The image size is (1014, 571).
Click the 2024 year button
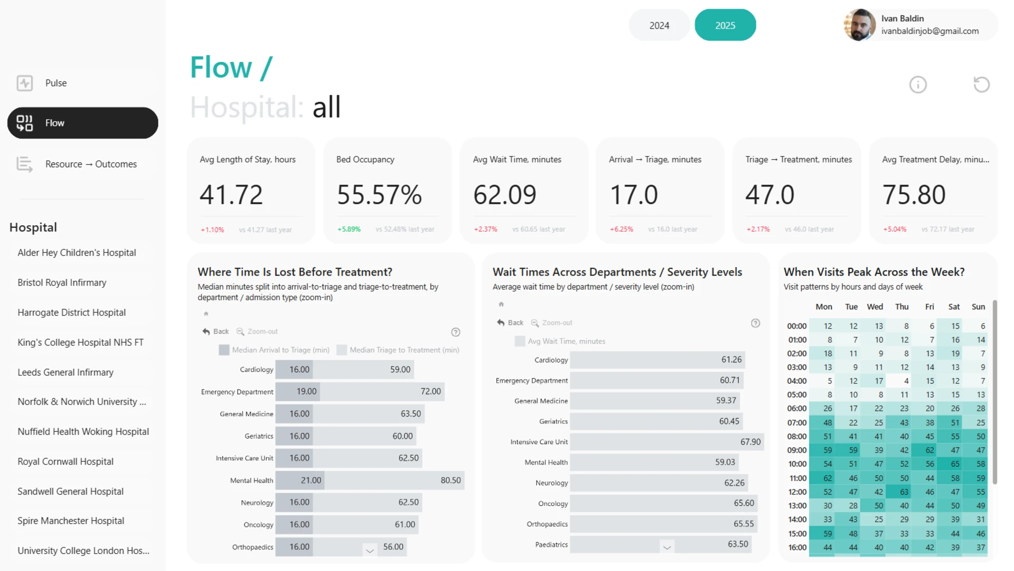coord(659,25)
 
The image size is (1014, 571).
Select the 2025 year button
coord(725,25)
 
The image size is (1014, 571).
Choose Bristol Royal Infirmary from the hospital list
coord(62,282)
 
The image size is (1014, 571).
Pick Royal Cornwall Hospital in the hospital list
coord(65,462)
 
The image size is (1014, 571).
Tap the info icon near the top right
coord(918,85)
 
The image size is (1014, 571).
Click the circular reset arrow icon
coord(981,85)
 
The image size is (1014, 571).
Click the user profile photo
coord(860,25)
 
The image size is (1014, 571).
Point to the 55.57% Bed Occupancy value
coord(379,195)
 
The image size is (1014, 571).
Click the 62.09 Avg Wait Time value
coord(505,195)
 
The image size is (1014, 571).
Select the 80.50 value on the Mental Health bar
coord(450,480)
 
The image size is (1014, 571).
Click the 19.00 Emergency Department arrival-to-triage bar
coord(298,391)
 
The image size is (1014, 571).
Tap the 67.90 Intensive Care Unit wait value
coord(750,441)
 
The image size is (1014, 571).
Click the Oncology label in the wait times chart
coord(553,503)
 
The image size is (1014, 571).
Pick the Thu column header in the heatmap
coord(902,307)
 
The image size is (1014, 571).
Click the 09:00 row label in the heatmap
coord(797,450)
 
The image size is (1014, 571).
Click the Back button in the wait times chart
coord(510,323)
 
